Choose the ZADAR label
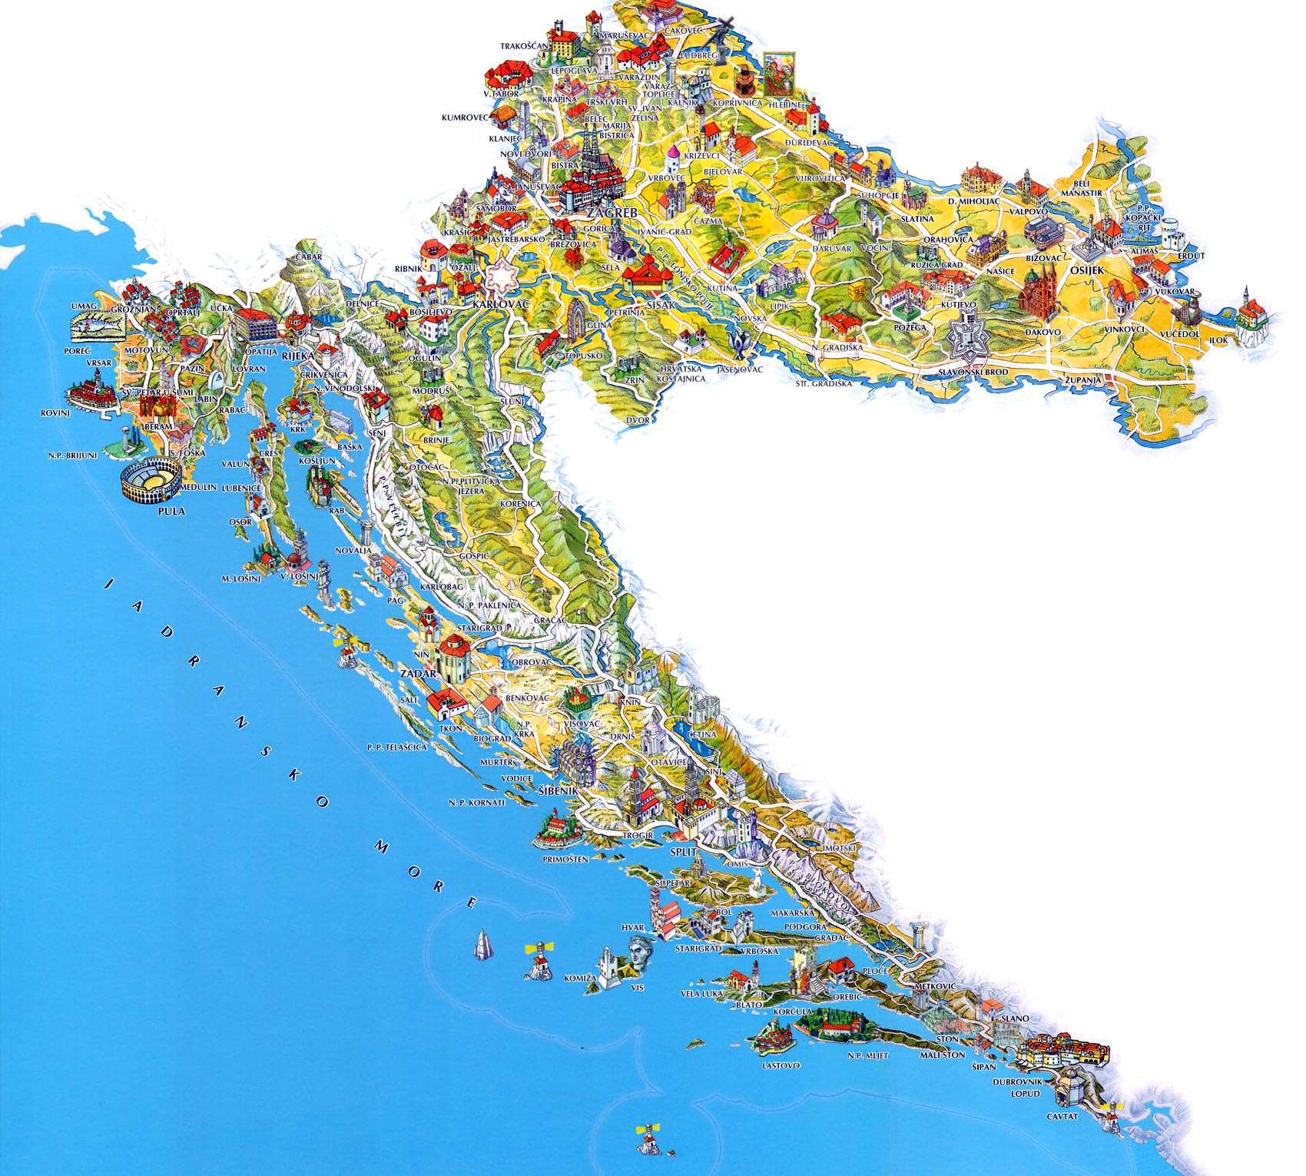[418, 674]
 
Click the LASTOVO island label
[781, 1066]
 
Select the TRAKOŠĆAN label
[525, 46]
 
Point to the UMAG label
[81, 306]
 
